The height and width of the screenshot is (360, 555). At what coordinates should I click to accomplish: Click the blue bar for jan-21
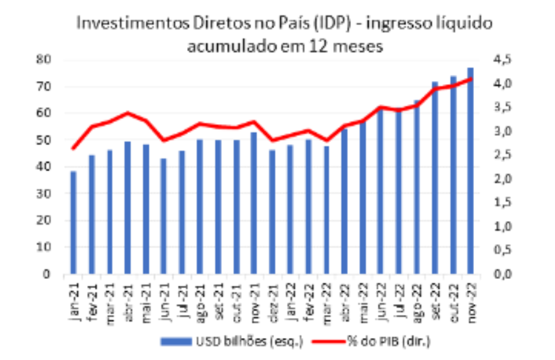[73, 223]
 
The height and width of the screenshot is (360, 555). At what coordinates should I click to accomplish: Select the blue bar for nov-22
[470, 171]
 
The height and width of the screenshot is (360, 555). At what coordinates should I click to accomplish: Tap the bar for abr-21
[127, 208]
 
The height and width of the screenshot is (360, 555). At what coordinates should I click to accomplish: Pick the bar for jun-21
[163, 216]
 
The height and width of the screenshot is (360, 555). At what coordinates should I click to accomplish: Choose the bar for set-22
[435, 177]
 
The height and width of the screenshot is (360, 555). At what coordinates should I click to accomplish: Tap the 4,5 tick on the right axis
[507, 60]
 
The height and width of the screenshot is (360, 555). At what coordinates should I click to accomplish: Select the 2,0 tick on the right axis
[507, 179]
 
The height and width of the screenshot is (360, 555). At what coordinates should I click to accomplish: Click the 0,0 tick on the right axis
[507, 275]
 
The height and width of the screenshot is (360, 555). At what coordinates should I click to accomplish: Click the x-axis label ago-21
[199, 298]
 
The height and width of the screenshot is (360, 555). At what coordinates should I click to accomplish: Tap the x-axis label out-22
[453, 298]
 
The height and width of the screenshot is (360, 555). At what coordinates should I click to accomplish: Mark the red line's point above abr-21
[127, 113]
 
